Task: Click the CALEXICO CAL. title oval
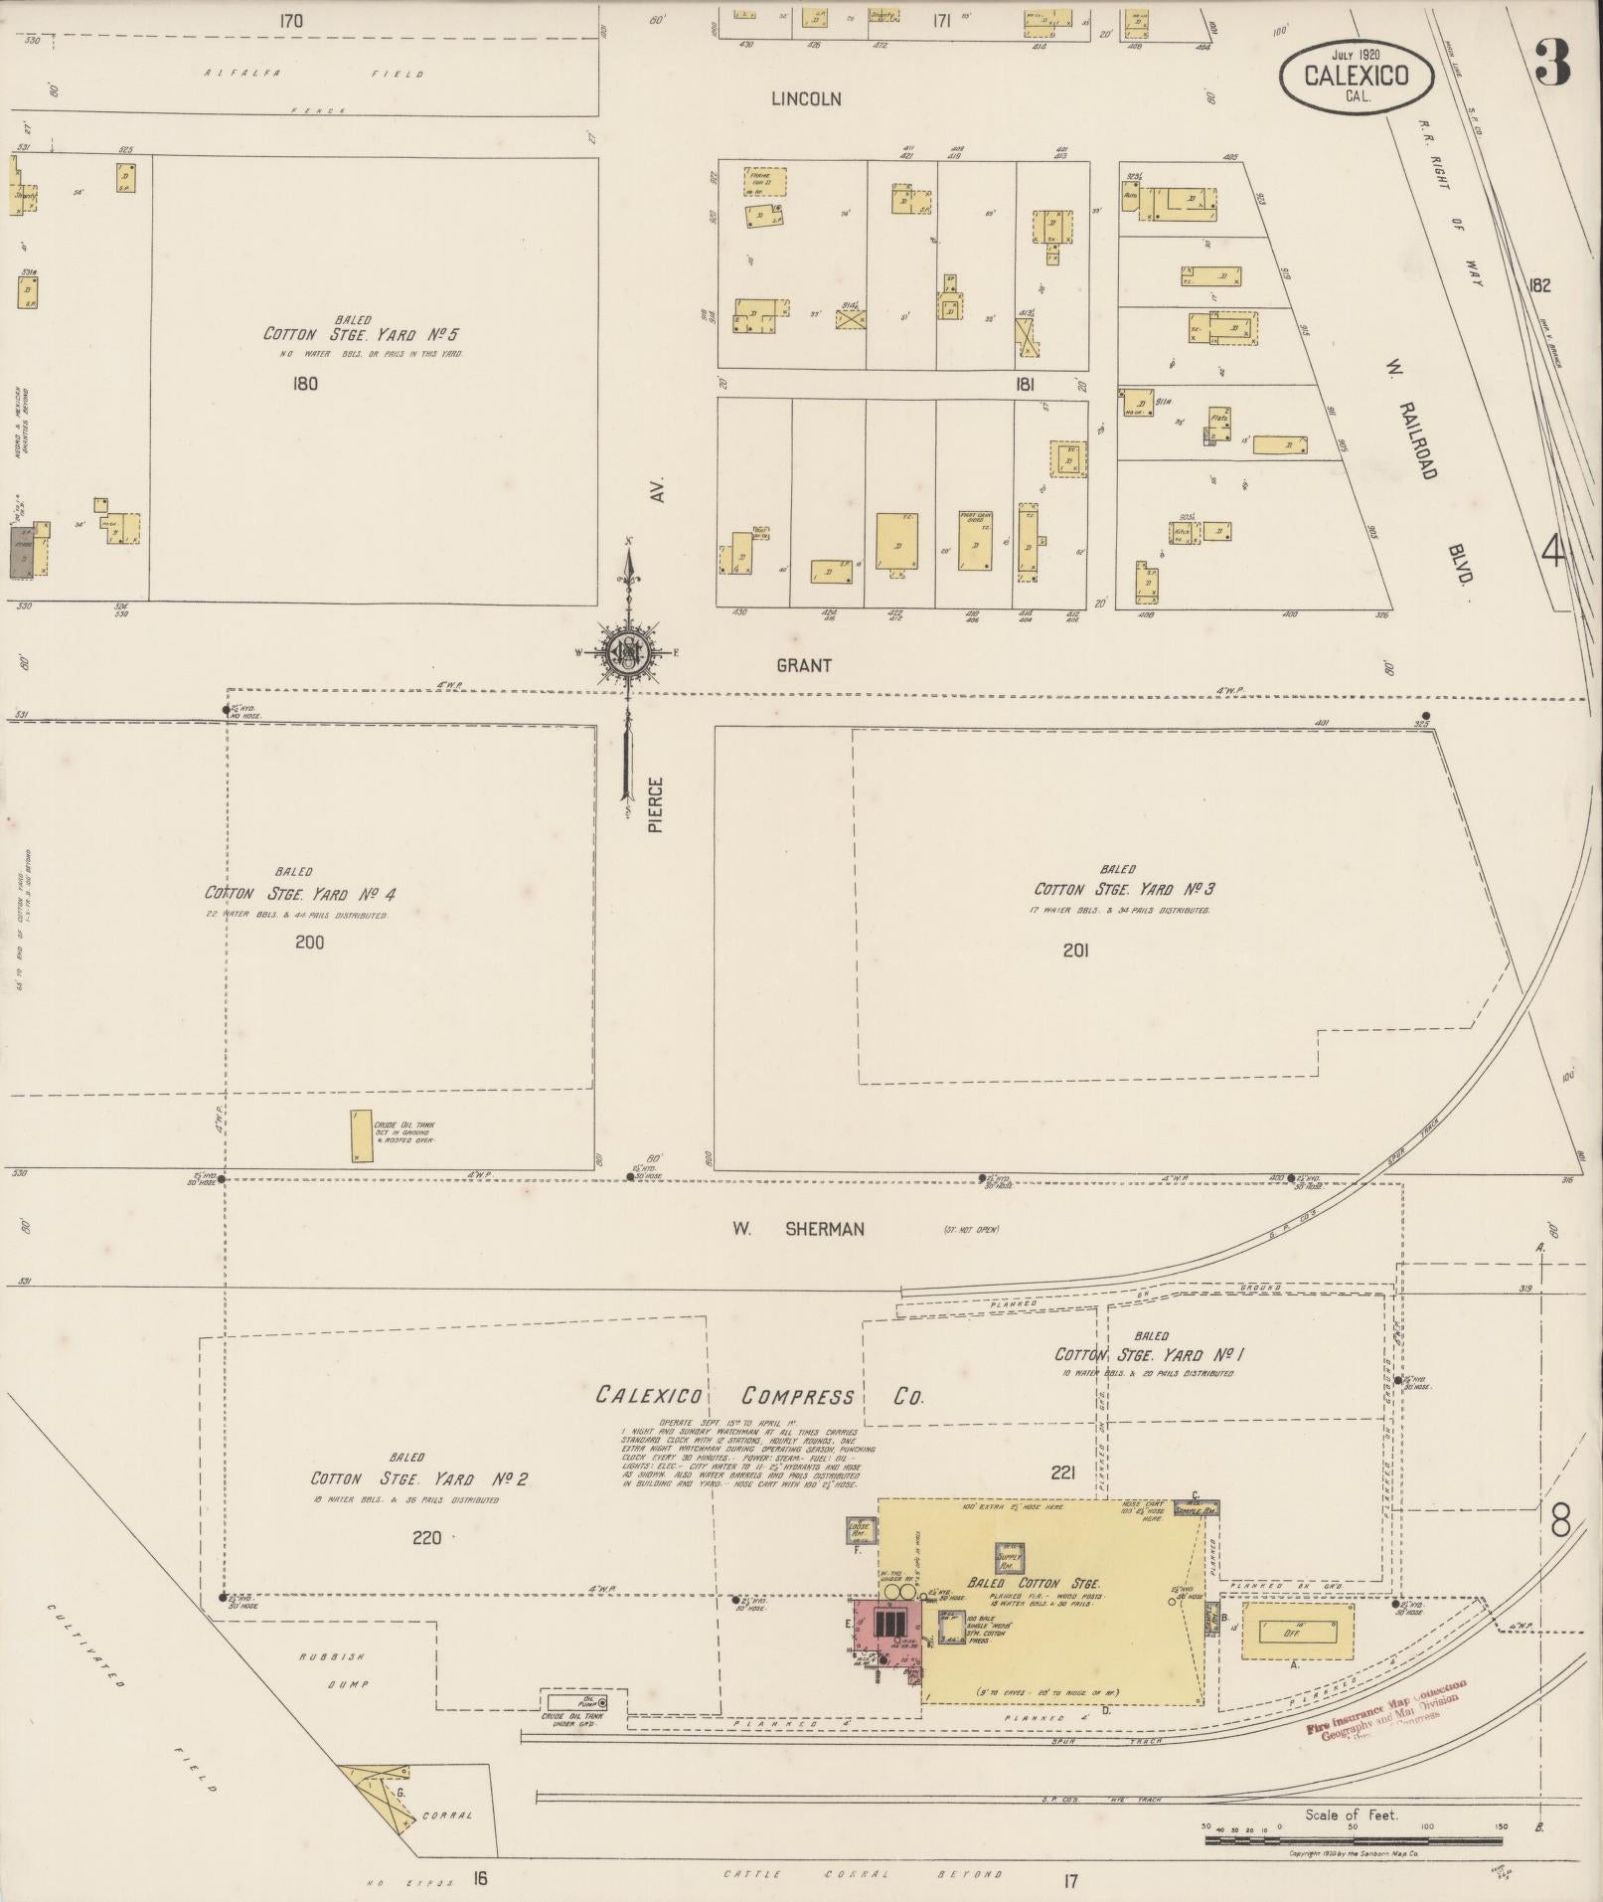click(x=1356, y=76)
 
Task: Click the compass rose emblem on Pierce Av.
click(x=628, y=651)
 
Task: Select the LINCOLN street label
click(x=807, y=99)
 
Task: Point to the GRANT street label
click(x=803, y=665)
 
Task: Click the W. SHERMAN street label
click(x=798, y=1229)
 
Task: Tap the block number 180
click(x=305, y=383)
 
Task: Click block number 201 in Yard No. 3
click(x=1075, y=951)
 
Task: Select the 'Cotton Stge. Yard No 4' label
click(x=300, y=892)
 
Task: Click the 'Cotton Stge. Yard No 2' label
click(x=418, y=1479)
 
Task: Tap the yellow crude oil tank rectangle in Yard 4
click(x=361, y=1136)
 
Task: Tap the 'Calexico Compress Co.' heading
click(x=759, y=1397)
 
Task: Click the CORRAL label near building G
click(x=447, y=1815)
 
